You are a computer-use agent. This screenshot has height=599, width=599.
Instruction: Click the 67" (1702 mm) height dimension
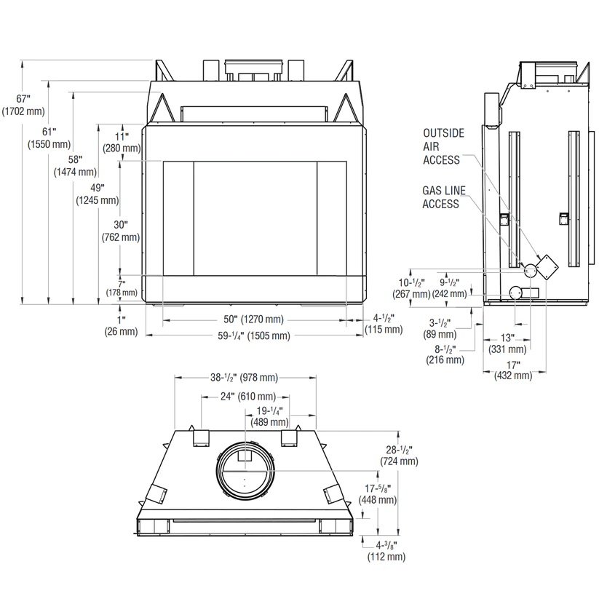[23, 105]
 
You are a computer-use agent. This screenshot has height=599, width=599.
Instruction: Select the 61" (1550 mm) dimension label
[49, 138]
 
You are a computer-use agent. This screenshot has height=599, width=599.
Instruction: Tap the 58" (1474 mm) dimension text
[75, 166]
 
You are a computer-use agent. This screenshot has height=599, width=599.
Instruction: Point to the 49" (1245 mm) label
[98, 194]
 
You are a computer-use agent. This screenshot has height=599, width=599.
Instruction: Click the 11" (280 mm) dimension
[122, 142]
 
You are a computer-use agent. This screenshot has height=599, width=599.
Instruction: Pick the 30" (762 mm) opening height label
[121, 231]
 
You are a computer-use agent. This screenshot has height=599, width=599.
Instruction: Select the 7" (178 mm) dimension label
[122, 288]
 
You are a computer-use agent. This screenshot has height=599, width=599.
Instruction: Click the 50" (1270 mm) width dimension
[254, 319]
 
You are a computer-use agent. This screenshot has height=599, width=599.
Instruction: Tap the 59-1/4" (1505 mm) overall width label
[254, 336]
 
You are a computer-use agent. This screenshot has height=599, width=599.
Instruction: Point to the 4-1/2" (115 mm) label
[384, 324]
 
